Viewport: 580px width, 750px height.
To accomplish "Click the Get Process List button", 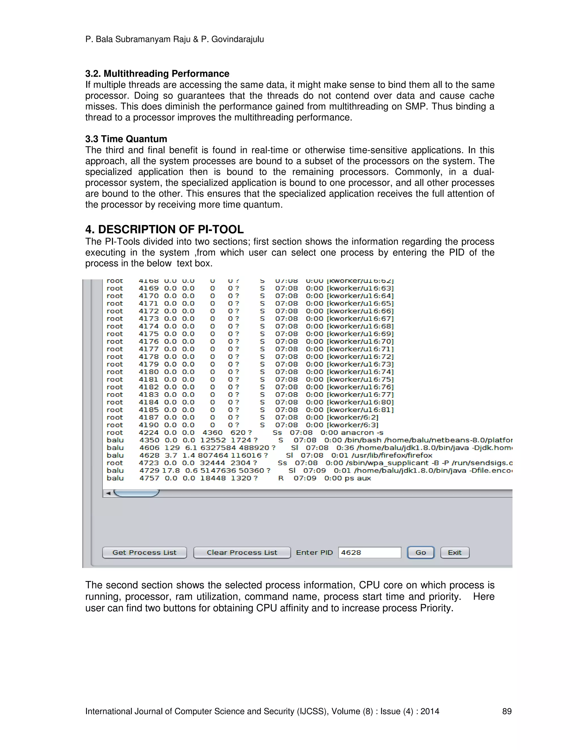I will click(x=144, y=552).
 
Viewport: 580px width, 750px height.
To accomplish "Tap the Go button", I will click(x=421, y=552).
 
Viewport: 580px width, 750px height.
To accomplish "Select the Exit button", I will click(x=455, y=552).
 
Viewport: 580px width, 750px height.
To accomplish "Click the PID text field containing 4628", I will click(x=369, y=552).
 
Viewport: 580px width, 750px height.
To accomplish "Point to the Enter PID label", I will click(x=314, y=552).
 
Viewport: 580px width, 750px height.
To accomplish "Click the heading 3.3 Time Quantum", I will click(x=126, y=139).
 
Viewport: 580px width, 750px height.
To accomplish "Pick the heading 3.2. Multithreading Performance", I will click(x=157, y=74).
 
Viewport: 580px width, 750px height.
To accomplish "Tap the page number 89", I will click(x=507, y=711).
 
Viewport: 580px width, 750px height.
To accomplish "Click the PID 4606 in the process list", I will click(x=149, y=448).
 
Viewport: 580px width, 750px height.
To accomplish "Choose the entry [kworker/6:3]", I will click(x=353, y=425).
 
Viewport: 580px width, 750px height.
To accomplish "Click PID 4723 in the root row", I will click(x=148, y=463).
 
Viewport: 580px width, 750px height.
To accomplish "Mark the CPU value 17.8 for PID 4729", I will click(x=171, y=470).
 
